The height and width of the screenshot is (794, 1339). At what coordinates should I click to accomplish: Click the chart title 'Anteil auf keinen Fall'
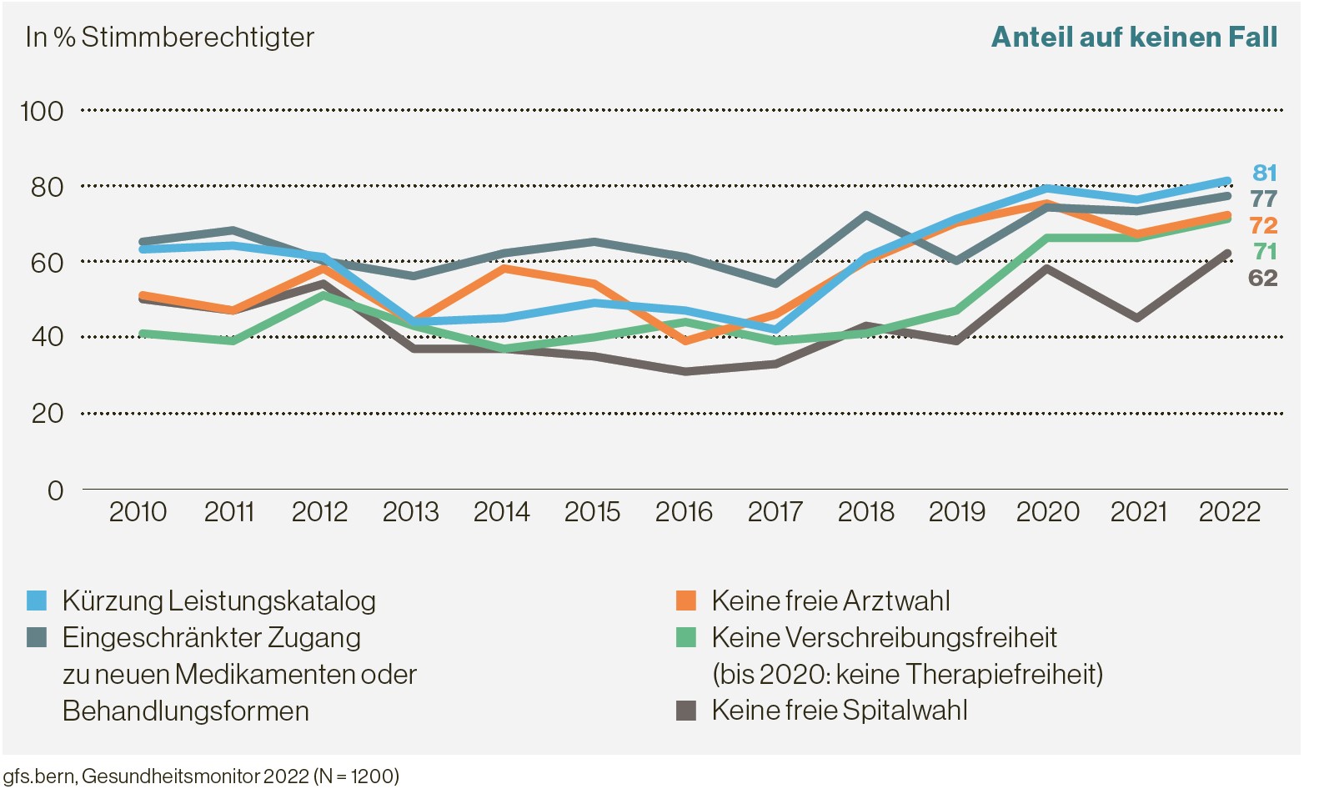(x=1133, y=38)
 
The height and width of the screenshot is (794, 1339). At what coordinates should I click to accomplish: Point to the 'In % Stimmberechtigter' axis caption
(x=170, y=38)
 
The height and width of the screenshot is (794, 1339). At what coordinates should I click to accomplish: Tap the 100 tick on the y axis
(x=42, y=111)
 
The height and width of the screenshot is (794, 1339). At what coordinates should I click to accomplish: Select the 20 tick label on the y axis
(x=47, y=413)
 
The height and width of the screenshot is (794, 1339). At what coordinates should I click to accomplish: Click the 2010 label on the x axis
(x=138, y=511)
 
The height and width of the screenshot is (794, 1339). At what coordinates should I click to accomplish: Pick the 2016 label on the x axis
(x=684, y=511)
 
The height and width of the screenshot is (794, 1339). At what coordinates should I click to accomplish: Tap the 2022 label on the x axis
(x=1229, y=511)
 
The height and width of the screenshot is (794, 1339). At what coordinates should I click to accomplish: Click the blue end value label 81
(x=1264, y=173)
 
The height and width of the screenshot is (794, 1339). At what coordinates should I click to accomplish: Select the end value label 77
(x=1263, y=198)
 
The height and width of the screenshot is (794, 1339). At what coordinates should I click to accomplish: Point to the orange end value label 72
(x=1263, y=225)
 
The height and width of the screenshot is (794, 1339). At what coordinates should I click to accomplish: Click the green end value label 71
(x=1264, y=251)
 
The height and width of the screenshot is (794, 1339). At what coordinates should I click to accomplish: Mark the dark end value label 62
(x=1262, y=278)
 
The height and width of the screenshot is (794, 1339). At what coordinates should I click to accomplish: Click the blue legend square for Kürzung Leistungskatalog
(x=37, y=601)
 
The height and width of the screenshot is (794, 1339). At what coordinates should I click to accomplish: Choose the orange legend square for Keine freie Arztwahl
(x=685, y=601)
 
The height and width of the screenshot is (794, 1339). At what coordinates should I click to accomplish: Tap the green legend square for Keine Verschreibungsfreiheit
(x=685, y=637)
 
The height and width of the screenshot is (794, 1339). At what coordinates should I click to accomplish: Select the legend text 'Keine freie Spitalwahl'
(x=839, y=711)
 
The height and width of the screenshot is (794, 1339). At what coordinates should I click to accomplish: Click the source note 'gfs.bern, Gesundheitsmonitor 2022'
(x=200, y=776)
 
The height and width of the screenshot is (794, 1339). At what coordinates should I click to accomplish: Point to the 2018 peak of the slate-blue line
(x=865, y=215)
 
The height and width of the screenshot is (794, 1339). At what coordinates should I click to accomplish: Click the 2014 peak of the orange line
(x=502, y=268)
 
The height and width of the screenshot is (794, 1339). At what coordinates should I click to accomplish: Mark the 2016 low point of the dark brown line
(x=684, y=371)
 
